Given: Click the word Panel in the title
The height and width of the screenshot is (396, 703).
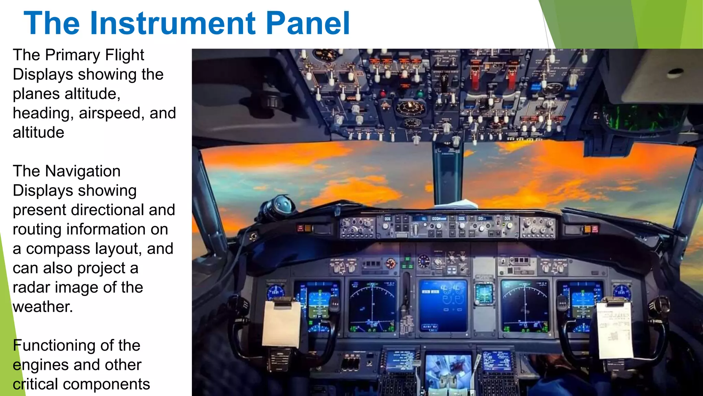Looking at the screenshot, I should coord(308,23).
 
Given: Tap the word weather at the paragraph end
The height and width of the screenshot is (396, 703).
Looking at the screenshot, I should coord(43,307).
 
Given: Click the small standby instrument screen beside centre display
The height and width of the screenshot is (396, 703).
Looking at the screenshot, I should coord(484,294).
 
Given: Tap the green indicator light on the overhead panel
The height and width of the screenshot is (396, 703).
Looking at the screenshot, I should coord(420,93).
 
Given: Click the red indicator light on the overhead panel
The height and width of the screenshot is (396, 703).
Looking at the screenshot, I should coord(383,94).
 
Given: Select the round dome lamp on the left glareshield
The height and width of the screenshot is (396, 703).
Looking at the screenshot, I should coord(278,207).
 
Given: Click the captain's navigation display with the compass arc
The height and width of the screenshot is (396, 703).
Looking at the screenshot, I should coord(372,306).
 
